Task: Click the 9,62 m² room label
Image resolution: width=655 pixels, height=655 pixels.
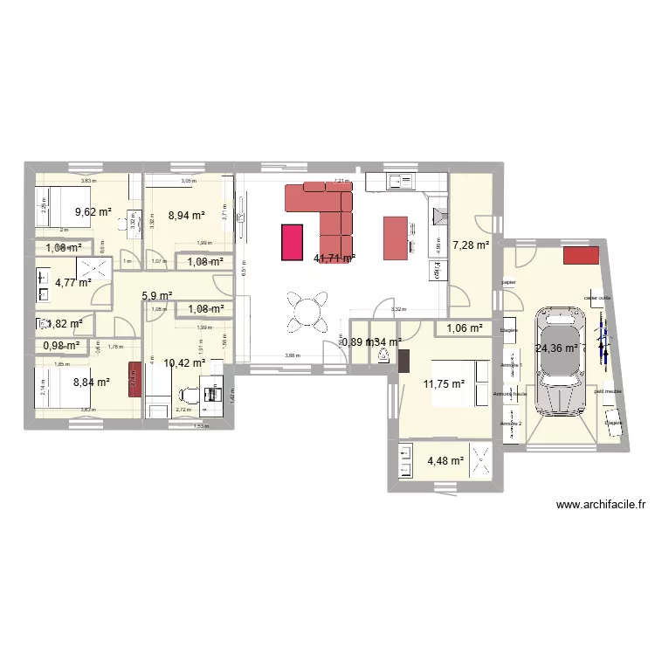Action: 93,211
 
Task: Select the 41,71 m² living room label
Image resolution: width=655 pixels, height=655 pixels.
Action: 334,259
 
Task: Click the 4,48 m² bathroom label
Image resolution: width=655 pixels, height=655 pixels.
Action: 445,462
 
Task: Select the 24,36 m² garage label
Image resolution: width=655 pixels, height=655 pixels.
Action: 556,348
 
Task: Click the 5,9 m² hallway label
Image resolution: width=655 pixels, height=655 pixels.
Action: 157,295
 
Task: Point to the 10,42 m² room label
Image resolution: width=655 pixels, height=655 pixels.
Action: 184,362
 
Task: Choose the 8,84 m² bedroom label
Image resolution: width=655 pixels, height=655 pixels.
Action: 91,382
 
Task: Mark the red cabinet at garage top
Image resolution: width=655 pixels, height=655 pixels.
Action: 581,255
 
